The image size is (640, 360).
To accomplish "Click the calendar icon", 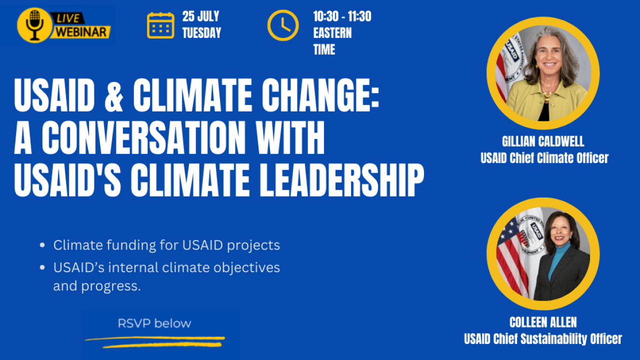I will pos(160,25).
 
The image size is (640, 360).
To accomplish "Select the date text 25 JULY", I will pos(200,16).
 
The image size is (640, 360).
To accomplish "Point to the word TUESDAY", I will pos(201,33).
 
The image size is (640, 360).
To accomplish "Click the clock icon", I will pos(282,25).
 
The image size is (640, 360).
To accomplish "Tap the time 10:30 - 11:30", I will pos(342,16).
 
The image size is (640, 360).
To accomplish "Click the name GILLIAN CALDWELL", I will pos(543,141).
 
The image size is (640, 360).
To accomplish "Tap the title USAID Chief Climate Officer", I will pos(544,158).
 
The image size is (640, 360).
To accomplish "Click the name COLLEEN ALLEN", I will pos(543,322).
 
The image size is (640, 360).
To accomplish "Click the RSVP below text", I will pos(154,323).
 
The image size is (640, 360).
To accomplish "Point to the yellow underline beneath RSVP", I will pos(155,341).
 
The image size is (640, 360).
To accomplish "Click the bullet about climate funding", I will pos(166,245).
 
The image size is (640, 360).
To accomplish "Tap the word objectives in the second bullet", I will pos(247,267).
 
